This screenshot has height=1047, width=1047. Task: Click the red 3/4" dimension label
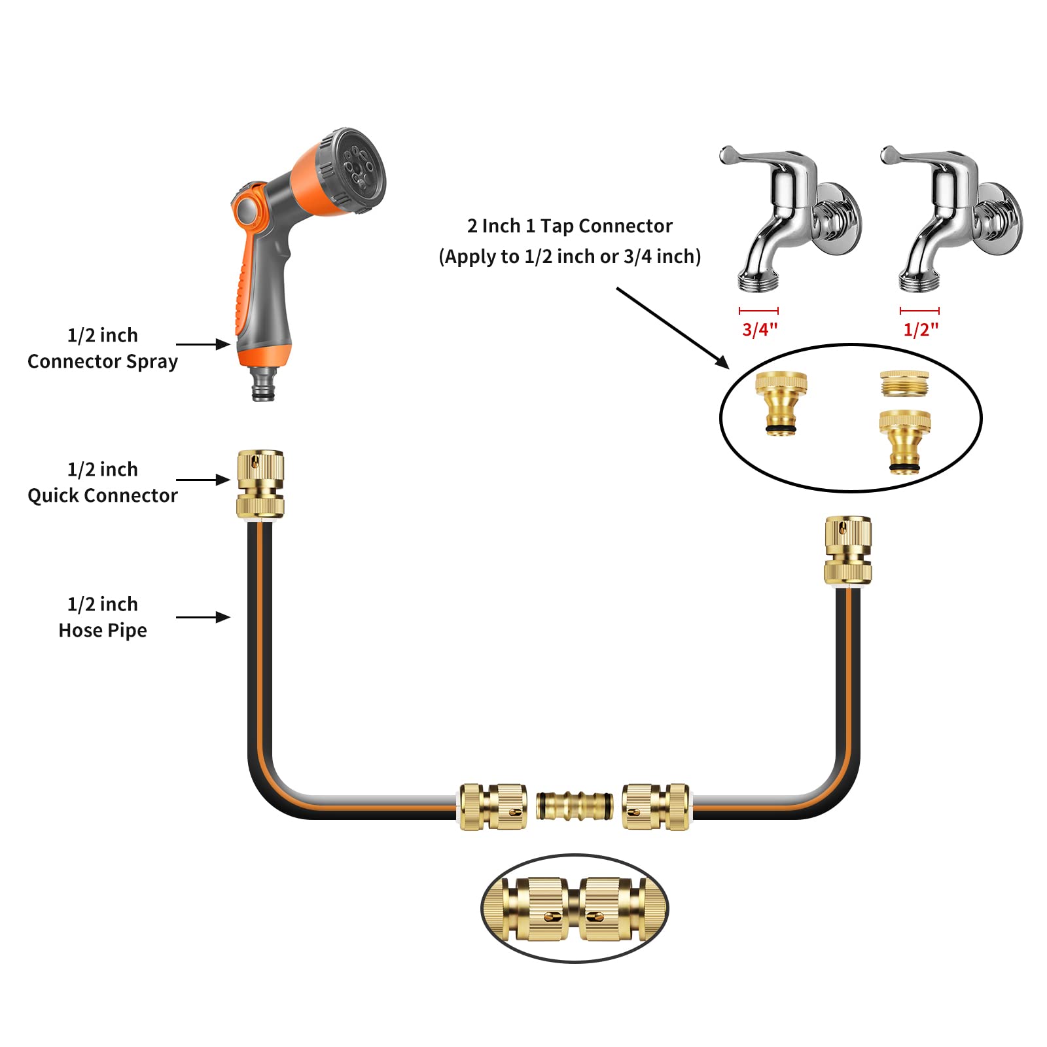point(760,329)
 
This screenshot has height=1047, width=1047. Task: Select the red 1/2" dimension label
point(921,329)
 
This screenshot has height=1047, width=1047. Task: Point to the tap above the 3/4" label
point(790,218)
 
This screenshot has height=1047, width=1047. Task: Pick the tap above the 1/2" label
point(951,218)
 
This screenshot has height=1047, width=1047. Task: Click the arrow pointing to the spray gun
point(203,344)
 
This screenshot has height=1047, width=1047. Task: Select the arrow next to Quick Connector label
point(203,480)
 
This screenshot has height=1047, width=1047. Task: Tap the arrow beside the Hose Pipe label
point(203,617)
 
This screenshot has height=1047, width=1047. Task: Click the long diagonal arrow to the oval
point(673,328)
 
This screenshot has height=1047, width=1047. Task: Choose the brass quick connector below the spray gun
point(260,485)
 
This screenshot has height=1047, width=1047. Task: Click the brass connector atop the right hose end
point(848,550)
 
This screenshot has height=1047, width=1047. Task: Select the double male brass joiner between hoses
point(575,806)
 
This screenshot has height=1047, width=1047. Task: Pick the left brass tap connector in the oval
point(781,403)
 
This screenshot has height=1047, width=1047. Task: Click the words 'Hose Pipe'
point(103,630)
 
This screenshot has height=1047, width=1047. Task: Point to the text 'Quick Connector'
point(103,495)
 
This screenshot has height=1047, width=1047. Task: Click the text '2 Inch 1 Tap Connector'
point(569,226)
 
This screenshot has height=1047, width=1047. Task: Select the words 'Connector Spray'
point(103,361)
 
